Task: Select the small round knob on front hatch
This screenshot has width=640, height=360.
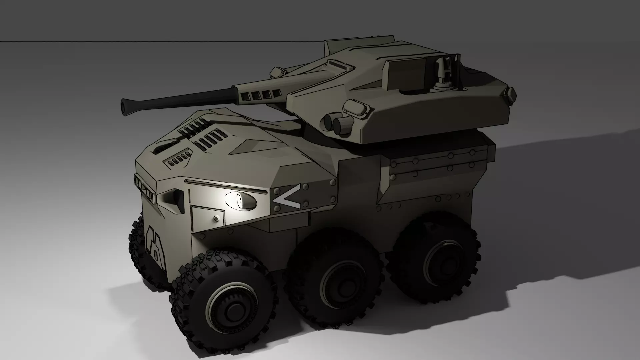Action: pos(216,218)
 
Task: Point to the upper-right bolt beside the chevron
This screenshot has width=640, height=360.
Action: pos(332,183)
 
